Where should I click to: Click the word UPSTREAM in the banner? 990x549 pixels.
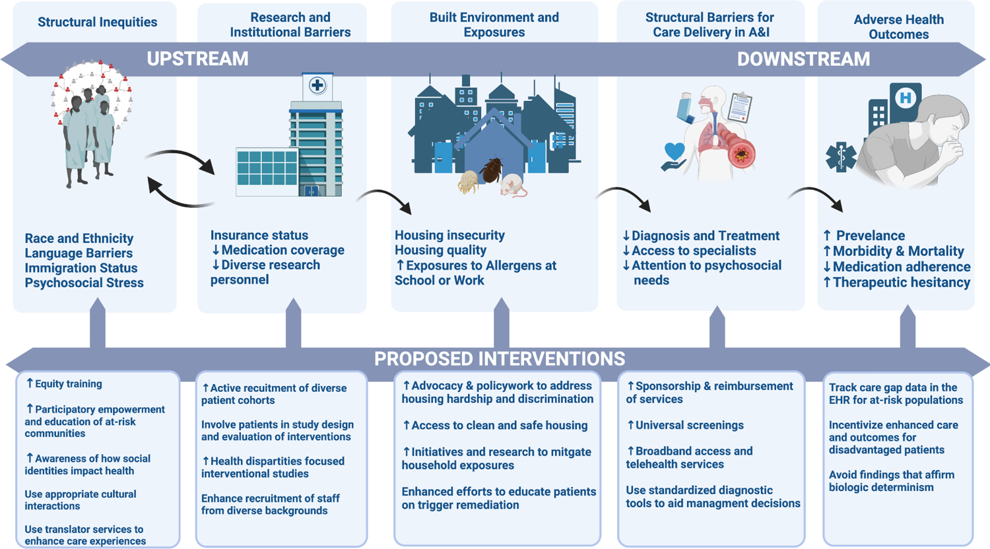pyautogui.click(x=197, y=59)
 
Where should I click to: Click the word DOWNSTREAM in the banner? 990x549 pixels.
pyautogui.click(x=803, y=59)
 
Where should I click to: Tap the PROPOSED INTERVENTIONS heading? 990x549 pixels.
pyautogui.click(x=500, y=358)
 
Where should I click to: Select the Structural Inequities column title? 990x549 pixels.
pyautogui.click(x=97, y=22)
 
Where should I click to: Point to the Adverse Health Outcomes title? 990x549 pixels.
pyautogui.click(x=898, y=27)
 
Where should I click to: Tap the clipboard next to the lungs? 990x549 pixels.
pyautogui.click(x=739, y=108)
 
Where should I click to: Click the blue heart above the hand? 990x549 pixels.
pyautogui.click(x=675, y=151)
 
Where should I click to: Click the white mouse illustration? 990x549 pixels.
pyautogui.click(x=513, y=185)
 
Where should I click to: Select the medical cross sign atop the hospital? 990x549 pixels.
pyautogui.click(x=317, y=85)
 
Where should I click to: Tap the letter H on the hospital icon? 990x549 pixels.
pyautogui.click(x=906, y=97)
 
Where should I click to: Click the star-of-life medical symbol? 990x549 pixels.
pyautogui.click(x=841, y=157)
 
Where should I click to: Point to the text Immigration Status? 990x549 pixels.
pyautogui.click(x=81, y=268)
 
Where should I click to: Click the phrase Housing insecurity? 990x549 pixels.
pyautogui.click(x=449, y=235)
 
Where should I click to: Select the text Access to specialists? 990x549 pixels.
pyautogui.click(x=694, y=251)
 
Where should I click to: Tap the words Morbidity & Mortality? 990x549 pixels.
pyautogui.click(x=898, y=251)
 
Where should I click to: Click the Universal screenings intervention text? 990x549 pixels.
pyautogui.click(x=690, y=425)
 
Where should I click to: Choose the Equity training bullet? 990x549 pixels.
pyautogui.click(x=69, y=383)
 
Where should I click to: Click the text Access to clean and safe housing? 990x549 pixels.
pyautogui.click(x=500, y=425)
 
